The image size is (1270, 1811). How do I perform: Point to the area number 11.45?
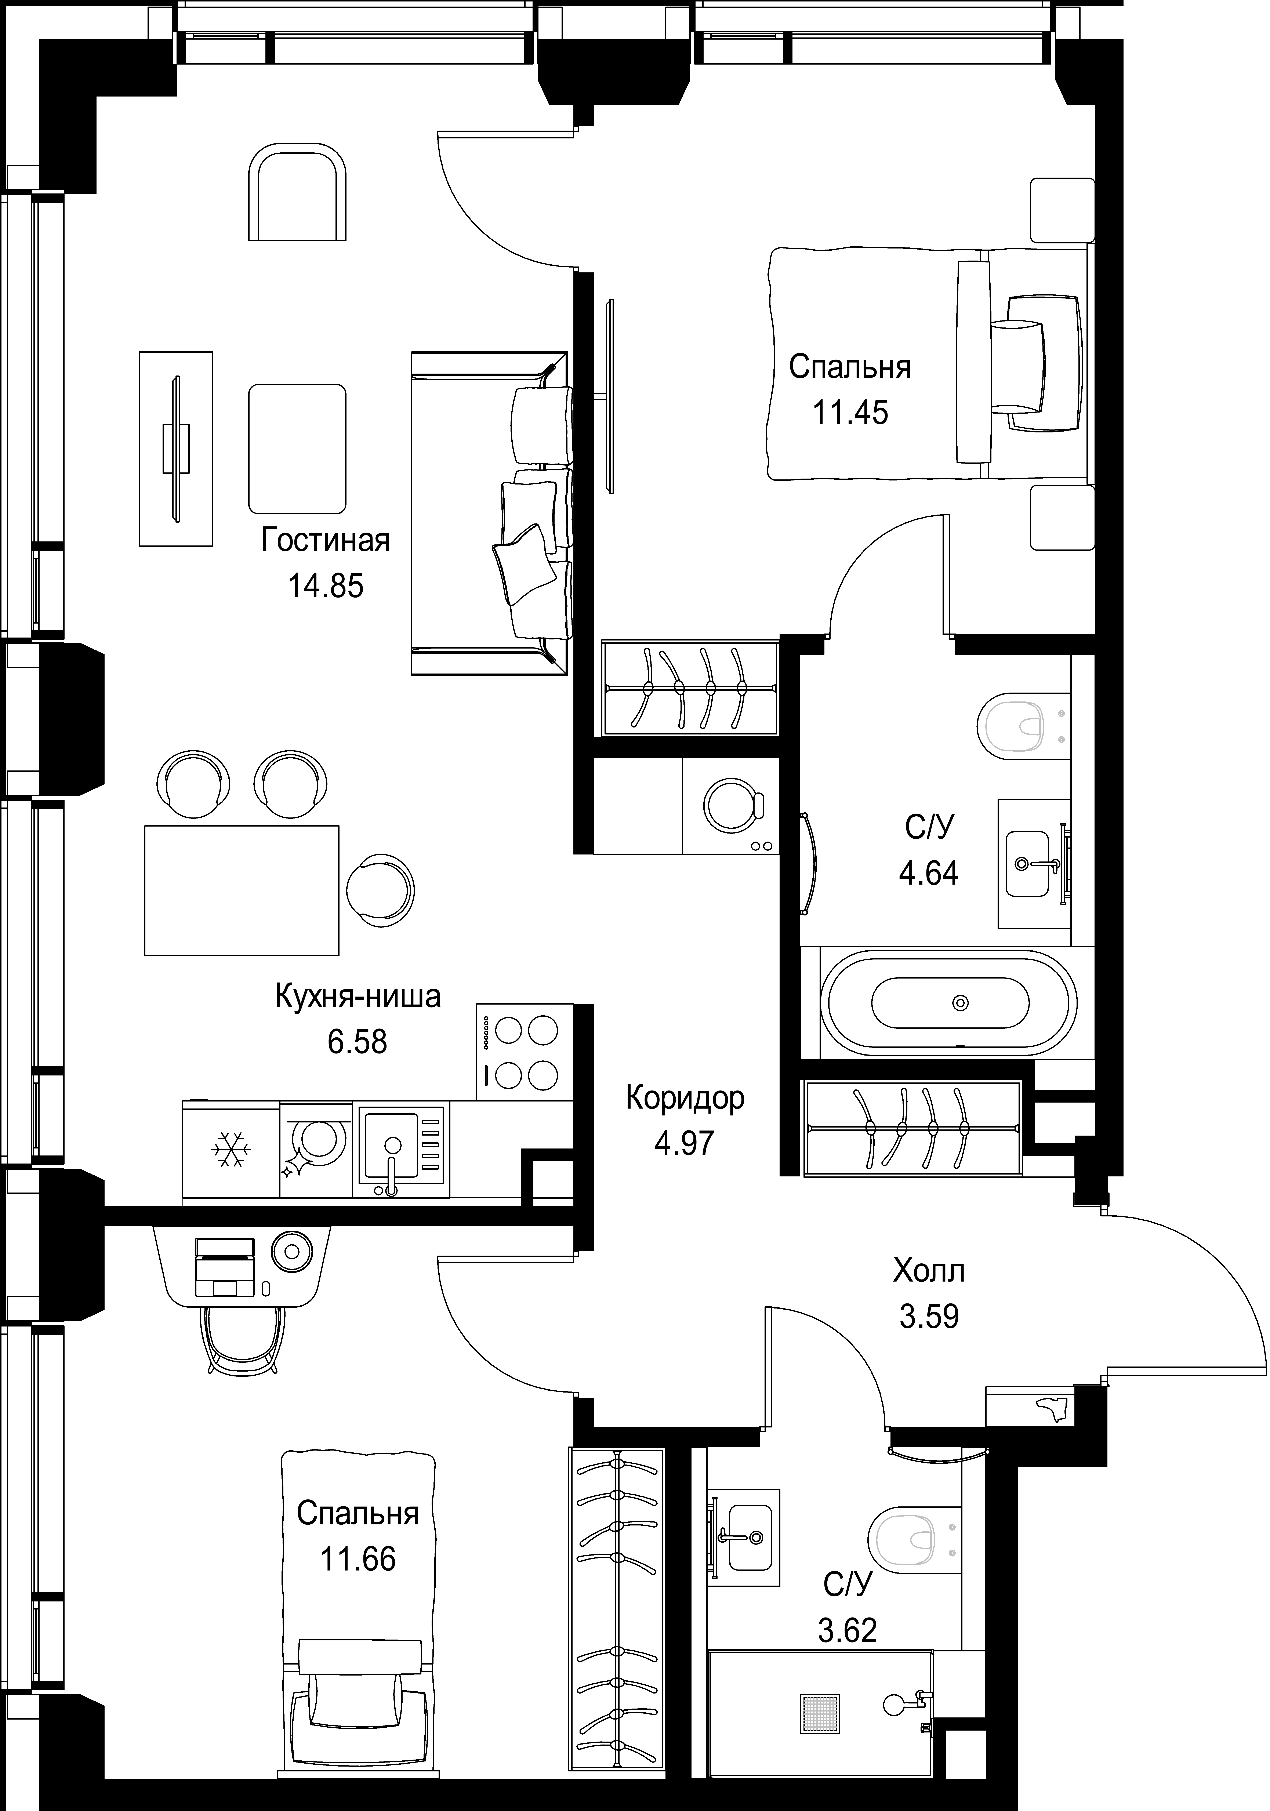(850, 413)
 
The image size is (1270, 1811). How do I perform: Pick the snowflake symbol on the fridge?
(230, 1150)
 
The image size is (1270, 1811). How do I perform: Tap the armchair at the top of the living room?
(297, 192)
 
